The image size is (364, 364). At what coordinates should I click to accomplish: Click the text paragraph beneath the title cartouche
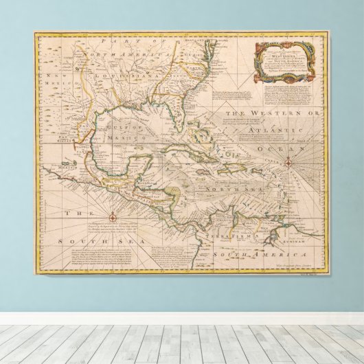tap(288, 93)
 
